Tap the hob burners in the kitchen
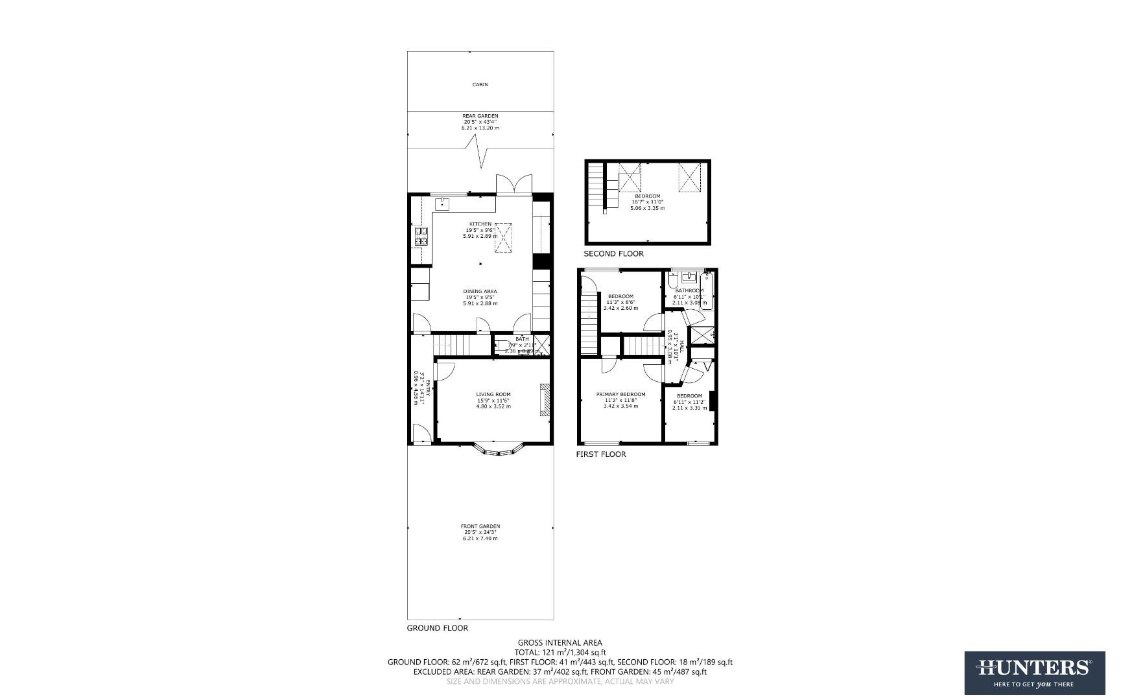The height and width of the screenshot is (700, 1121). pos(421,237)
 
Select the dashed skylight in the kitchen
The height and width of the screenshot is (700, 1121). pos(503,240)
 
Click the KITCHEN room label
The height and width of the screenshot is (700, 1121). pos(480,224)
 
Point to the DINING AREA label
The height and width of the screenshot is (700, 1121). pos(480,292)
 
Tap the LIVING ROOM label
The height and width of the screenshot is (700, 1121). pos(493,394)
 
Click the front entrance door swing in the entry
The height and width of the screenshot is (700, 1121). pos(420,433)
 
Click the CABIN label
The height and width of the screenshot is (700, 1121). pos(480,85)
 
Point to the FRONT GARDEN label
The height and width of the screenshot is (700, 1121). pos(480,526)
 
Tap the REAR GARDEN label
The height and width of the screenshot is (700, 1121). pos(480,116)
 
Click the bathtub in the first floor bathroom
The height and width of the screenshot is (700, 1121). pos(707,291)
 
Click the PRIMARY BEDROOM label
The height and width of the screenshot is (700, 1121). pos(620,395)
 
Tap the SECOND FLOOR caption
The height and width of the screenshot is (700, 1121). pos(613,253)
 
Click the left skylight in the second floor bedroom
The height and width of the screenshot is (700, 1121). pos(629,177)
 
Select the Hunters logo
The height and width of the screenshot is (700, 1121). pos(1034,673)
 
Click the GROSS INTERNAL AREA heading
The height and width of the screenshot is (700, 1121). pos(560,643)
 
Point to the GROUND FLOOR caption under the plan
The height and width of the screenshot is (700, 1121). pos(437,628)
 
